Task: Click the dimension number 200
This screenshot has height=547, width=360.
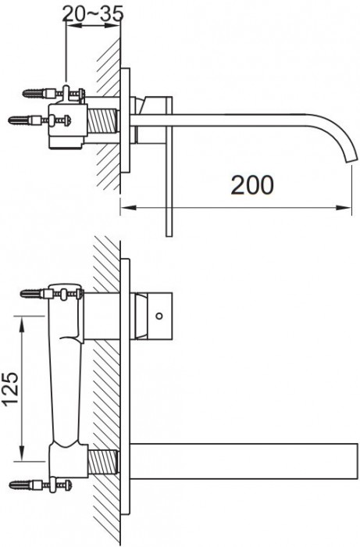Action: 252,184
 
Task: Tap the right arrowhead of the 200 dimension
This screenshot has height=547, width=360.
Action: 344,208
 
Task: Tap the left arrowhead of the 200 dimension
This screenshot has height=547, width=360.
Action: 124,208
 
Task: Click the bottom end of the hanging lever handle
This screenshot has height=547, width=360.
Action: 168,231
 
